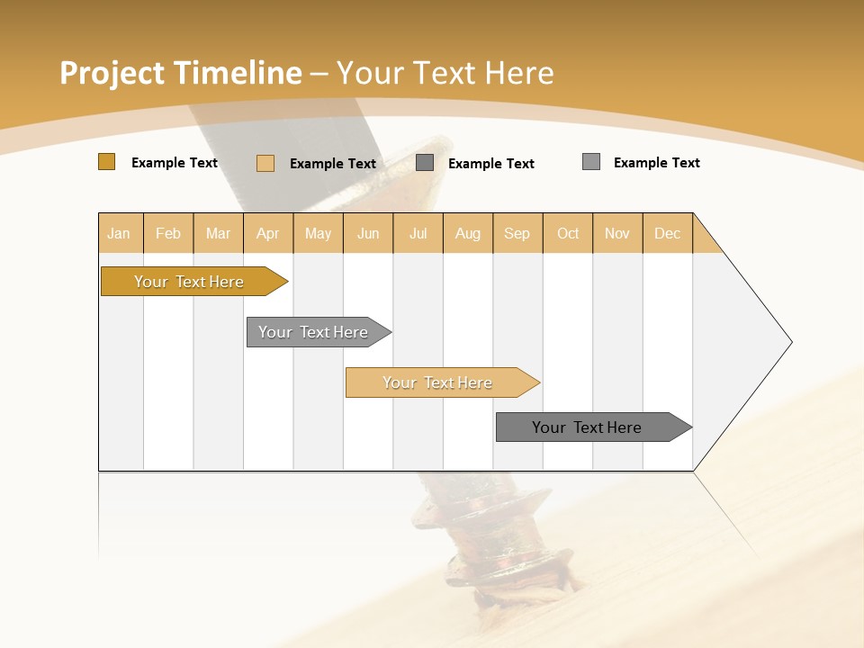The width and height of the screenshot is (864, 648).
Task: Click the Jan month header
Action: click(x=120, y=233)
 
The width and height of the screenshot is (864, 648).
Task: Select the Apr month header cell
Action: click(x=268, y=233)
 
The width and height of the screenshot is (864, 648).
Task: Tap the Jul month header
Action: click(x=418, y=233)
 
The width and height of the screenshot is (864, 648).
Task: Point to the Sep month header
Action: click(x=517, y=233)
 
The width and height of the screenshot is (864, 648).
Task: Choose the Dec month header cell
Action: click(x=667, y=233)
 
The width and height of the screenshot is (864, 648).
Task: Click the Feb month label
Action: click(x=168, y=233)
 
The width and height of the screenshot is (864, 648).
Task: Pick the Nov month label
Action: click(x=616, y=233)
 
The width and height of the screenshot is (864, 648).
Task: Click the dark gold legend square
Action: click(x=106, y=162)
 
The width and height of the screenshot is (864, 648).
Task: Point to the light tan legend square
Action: click(x=265, y=163)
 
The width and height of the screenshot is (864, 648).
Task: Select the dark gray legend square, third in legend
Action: click(x=425, y=163)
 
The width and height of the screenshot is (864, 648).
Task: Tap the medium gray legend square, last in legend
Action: click(x=590, y=162)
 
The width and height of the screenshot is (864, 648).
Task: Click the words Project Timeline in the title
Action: click(x=180, y=73)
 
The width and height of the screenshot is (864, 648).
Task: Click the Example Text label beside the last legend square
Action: click(x=656, y=163)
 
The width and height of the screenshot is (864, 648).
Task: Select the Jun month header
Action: click(x=368, y=233)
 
